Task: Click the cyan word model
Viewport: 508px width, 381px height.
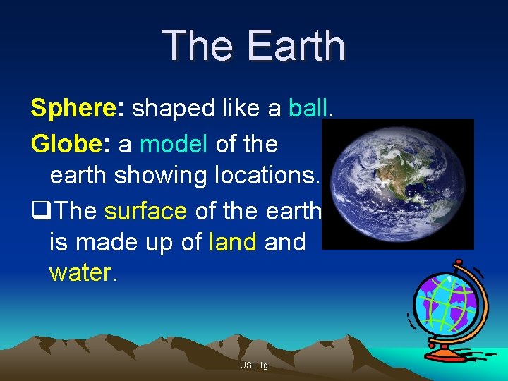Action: (174, 144)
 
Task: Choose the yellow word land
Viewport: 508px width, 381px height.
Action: (233, 242)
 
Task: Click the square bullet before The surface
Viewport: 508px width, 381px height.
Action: (40, 210)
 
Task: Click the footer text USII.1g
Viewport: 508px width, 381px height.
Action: (253, 365)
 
